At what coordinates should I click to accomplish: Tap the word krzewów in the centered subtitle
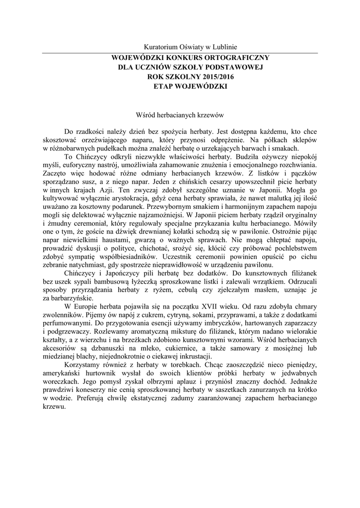click(210, 115)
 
